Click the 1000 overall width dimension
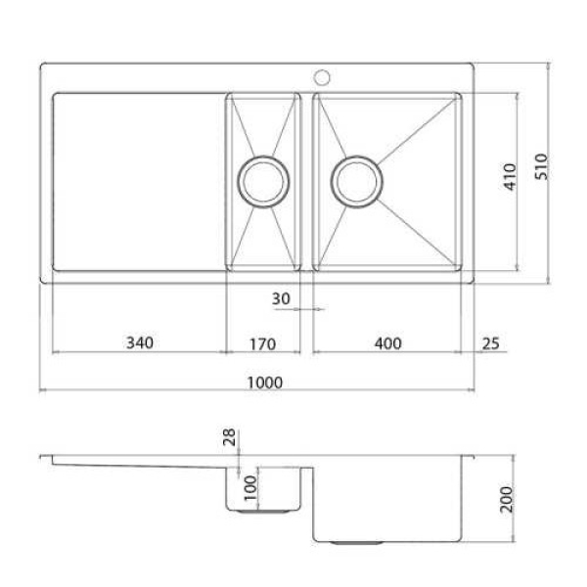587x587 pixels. point(265,383)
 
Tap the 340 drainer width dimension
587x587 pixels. point(140,342)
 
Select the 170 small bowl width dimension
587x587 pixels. point(263,344)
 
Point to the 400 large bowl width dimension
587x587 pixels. point(388,343)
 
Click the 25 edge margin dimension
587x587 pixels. point(490,343)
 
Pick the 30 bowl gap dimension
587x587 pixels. point(281,298)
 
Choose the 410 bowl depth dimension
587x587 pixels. point(510,177)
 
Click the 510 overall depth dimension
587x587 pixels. point(541,167)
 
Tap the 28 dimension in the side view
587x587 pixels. point(229,437)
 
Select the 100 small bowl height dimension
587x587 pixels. point(250,488)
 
